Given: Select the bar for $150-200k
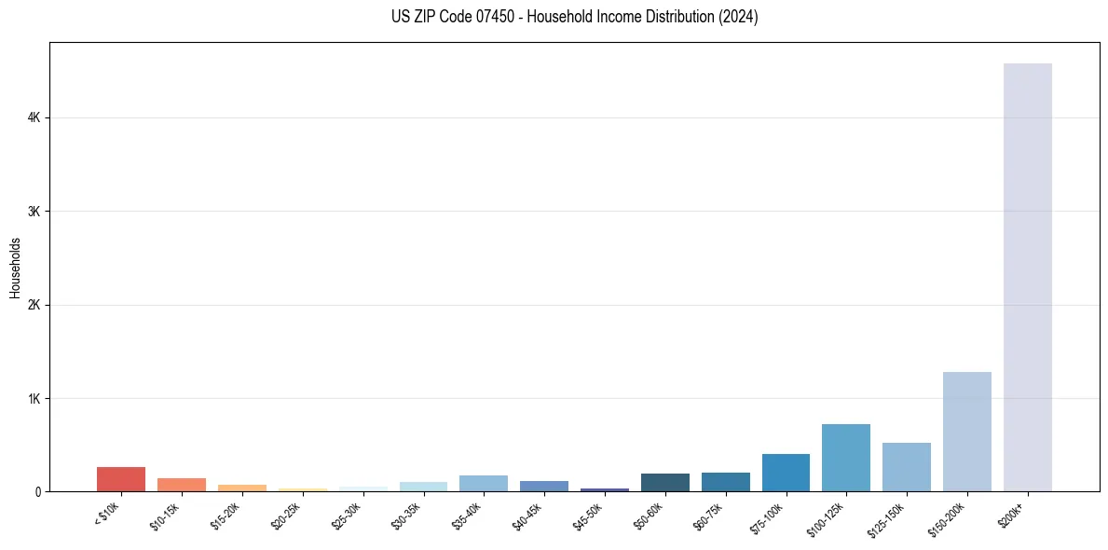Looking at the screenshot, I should pos(966,432).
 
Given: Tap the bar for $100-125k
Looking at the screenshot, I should pos(845,458).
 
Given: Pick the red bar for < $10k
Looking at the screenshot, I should pos(120,479).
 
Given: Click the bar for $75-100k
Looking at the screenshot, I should pos(786,473).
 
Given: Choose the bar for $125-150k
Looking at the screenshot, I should pos(906,467).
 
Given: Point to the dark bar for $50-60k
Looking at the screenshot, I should pos(664,482).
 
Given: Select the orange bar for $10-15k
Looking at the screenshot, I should pos(181,485).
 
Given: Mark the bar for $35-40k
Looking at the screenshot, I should pos(483,483).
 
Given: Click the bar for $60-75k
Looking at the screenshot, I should pos(725,482).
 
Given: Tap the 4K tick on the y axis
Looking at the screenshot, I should pos(34,118).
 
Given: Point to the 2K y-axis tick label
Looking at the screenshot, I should pos(34,305).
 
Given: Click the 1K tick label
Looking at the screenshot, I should pos(34,399).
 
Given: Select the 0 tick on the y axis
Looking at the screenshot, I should pos(38,492).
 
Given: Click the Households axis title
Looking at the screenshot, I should pos(15,268).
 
